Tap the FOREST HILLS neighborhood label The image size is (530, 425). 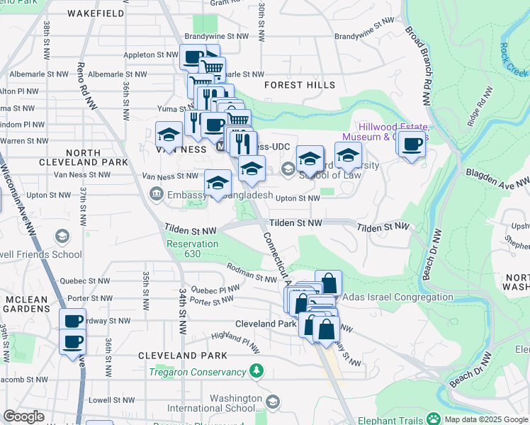(x=299, y=85)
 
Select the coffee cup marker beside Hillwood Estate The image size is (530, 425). (x=411, y=145)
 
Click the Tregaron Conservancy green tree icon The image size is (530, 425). (x=256, y=371)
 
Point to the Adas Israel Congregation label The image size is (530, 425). (x=397, y=297)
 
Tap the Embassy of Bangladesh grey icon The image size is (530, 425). (x=155, y=193)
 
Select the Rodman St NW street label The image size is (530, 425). (x=251, y=272)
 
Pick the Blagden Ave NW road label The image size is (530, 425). (x=496, y=177)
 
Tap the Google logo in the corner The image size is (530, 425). (x=23, y=416)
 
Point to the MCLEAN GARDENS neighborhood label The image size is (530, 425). (x=26, y=305)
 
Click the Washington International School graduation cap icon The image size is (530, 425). (x=273, y=402)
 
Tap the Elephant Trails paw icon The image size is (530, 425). (x=432, y=419)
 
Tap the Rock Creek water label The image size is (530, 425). (x=514, y=59)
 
